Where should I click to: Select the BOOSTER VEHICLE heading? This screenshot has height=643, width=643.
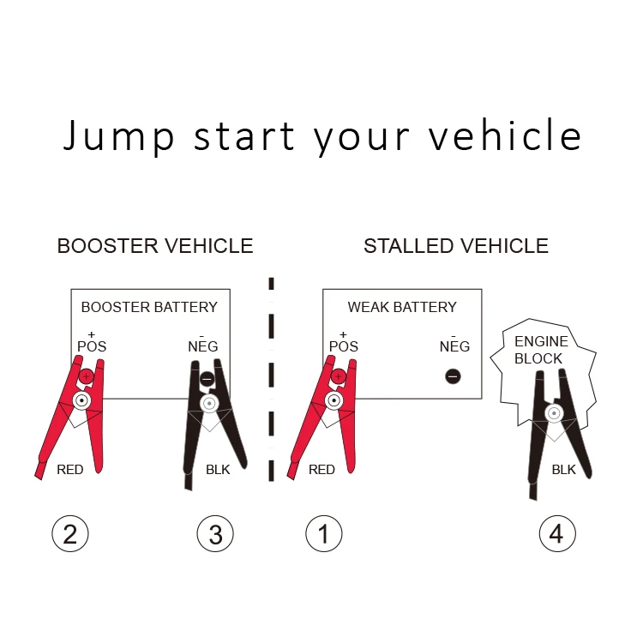pyautogui.click(x=155, y=247)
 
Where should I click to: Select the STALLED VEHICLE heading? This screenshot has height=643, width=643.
pyautogui.click(x=456, y=247)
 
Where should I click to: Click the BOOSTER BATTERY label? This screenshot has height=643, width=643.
pyautogui.click(x=149, y=307)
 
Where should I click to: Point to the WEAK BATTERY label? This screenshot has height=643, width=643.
pyautogui.click(x=402, y=307)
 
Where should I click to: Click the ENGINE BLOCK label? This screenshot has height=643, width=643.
pyautogui.click(x=540, y=350)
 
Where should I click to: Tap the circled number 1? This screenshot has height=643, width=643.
pyautogui.click(x=323, y=534)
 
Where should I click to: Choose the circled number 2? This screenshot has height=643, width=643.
pyautogui.click(x=70, y=534)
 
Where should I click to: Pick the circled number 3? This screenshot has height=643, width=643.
pyautogui.click(x=215, y=534)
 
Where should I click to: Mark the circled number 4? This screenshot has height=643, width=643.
pyautogui.click(x=556, y=534)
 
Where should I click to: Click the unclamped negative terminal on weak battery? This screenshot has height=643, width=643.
pyautogui.click(x=454, y=376)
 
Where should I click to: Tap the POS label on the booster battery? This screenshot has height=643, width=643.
pyautogui.click(x=91, y=346)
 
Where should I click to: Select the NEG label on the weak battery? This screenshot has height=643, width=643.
pyautogui.click(x=454, y=346)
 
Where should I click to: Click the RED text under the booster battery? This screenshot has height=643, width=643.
pyautogui.click(x=70, y=470)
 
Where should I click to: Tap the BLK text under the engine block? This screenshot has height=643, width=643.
pyautogui.click(x=564, y=470)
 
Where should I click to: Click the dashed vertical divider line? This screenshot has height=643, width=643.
pyautogui.click(x=272, y=377)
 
